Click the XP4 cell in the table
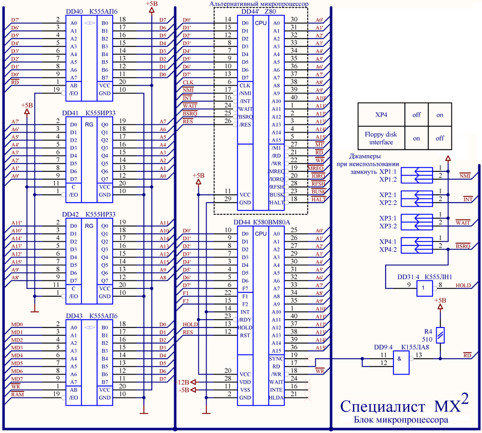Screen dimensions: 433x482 point(381,114)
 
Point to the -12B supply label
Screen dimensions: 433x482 point(183,382)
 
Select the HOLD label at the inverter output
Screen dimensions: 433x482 point(463,285)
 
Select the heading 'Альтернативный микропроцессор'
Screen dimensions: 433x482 point(258,4)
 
